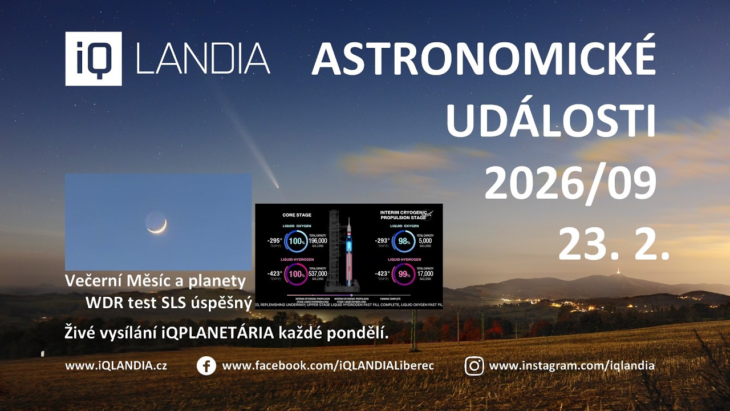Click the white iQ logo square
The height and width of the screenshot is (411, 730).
[x=93, y=59]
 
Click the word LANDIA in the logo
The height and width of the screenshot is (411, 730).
[x=203, y=59]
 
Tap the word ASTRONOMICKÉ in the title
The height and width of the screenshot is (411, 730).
[x=484, y=59]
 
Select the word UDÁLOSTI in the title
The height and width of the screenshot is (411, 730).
[x=550, y=122]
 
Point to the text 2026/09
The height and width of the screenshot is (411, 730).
[x=570, y=183]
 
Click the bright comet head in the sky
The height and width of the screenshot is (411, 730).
[x=276, y=186]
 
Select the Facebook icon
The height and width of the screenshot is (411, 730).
[x=206, y=366]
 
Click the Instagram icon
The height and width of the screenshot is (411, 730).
[x=474, y=366]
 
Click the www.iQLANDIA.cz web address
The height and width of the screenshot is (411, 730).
[x=116, y=366]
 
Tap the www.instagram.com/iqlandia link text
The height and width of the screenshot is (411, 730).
[x=571, y=366]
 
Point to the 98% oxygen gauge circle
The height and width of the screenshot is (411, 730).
[x=404, y=241]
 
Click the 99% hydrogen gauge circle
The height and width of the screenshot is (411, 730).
[x=404, y=274]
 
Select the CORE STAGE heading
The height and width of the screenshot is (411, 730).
[x=297, y=215]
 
